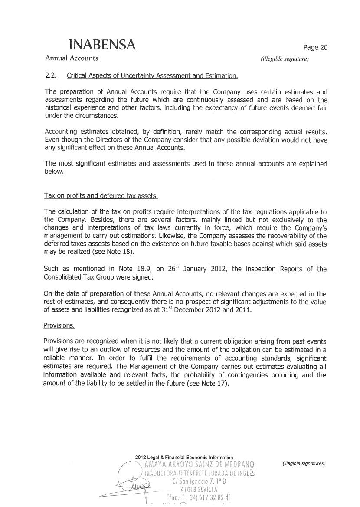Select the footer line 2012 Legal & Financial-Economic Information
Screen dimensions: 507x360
pyautogui.click(x=184, y=458)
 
